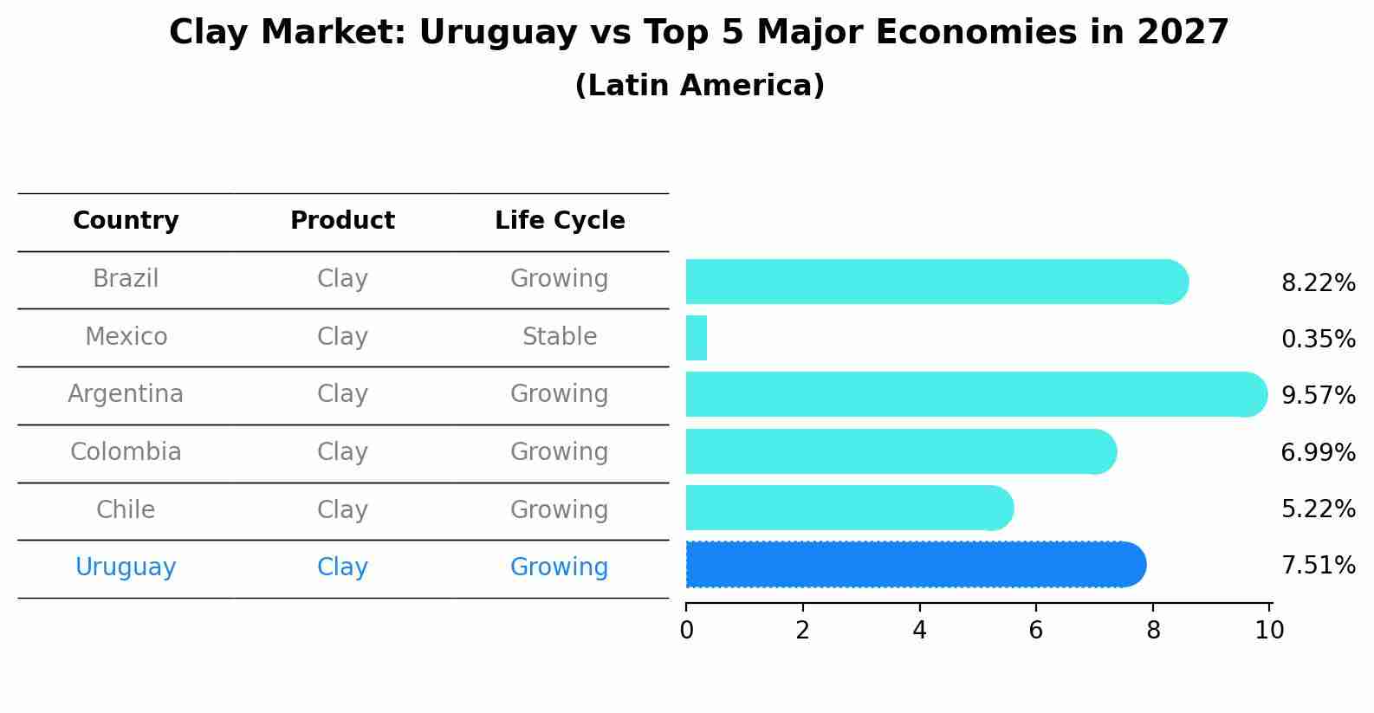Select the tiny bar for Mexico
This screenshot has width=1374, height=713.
[697, 338]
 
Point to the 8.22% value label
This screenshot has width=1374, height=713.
[1318, 283]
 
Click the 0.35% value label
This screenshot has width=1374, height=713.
[1318, 340]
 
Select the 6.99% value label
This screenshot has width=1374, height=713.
[1318, 452]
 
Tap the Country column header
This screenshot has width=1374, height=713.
[126, 221]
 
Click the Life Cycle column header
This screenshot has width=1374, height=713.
[560, 221]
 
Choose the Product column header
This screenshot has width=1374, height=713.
[342, 221]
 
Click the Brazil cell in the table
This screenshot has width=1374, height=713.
[126, 279]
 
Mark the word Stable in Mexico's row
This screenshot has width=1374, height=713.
[560, 337]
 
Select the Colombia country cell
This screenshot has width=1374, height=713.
[126, 452]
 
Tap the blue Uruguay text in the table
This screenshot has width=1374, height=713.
[126, 567]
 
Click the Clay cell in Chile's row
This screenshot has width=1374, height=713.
[342, 510]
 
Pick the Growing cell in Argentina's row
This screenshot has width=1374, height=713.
[560, 394]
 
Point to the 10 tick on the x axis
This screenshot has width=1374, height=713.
[1269, 631]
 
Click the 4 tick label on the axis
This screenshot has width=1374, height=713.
[919, 631]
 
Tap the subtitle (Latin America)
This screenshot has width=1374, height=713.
[699, 86]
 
